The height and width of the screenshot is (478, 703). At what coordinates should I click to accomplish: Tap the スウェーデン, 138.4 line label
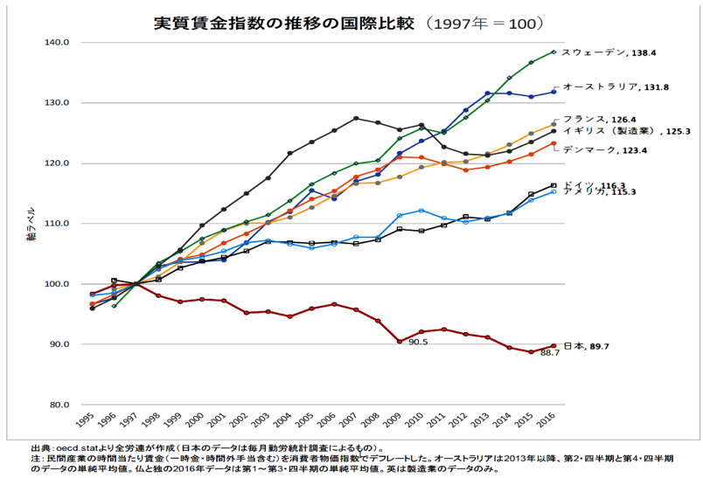(608, 53)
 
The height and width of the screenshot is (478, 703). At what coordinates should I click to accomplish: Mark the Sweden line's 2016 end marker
(553, 52)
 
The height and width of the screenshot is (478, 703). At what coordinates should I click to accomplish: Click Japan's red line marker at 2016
(553, 346)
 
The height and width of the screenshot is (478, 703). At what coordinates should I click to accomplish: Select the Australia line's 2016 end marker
(553, 92)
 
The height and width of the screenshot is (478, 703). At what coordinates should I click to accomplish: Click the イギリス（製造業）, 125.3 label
(613, 130)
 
